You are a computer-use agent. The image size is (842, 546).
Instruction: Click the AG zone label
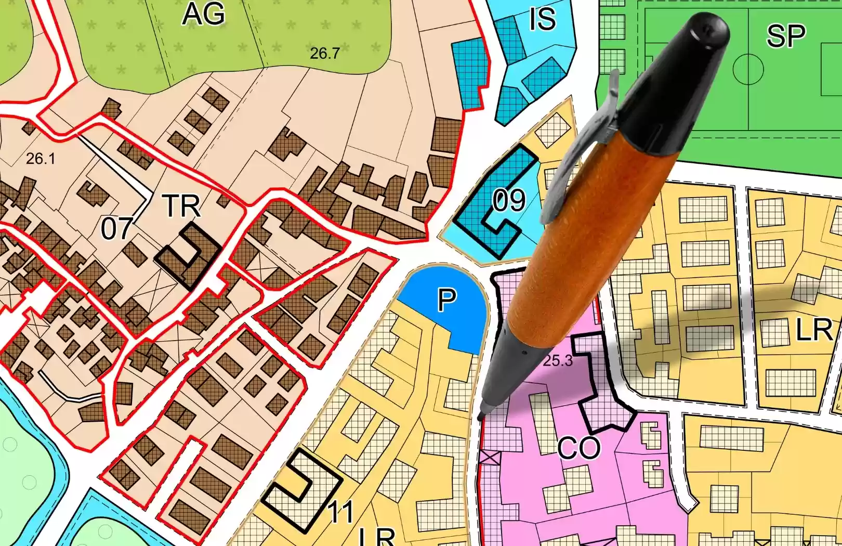(203, 14)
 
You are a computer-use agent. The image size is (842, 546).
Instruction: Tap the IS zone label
(542, 19)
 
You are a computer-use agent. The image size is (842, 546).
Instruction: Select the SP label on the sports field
(785, 36)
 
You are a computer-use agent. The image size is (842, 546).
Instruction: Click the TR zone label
(181, 206)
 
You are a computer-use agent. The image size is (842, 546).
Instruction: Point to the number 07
(116, 229)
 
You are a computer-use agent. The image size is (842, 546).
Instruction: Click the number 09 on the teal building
(509, 201)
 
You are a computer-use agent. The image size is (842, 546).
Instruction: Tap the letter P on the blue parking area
(446, 300)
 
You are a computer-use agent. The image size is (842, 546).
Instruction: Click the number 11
(341, 512)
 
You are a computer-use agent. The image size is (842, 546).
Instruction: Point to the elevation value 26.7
(324, 53)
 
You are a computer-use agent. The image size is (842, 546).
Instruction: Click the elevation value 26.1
(40, 159)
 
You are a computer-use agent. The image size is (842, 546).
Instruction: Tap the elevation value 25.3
(558, 360)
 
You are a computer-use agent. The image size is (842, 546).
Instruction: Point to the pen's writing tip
(481, 416)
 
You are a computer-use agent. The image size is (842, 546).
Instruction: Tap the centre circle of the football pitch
(748, 69)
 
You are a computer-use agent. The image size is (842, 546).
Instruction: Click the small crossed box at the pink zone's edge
(490, 458)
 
